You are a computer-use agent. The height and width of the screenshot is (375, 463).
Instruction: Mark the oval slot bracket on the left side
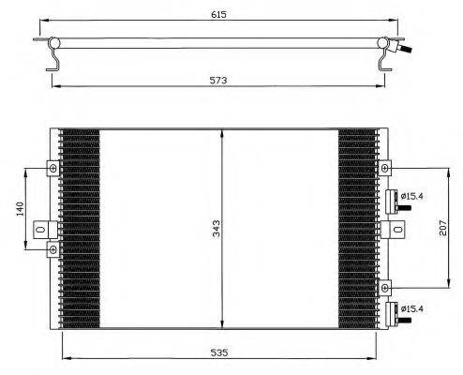pos(41,228)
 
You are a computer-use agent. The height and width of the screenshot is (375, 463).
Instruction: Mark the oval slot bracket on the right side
pos(397,228)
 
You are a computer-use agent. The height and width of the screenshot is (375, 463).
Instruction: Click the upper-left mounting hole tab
pos(52,169)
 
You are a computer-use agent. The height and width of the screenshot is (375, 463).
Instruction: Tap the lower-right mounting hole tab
pos(385,287)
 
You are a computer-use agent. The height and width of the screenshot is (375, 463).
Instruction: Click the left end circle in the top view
pos(55,43)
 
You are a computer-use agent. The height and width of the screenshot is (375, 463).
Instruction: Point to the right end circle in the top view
pos(384,43)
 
